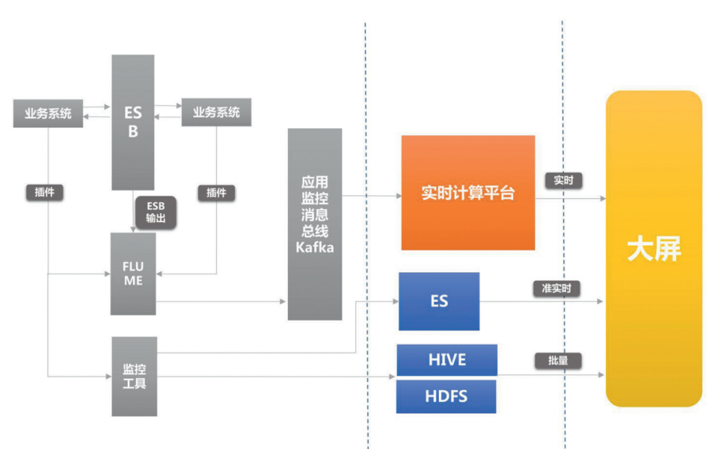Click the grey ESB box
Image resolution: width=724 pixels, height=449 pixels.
coord(133,122)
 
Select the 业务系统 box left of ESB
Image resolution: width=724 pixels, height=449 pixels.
coord(48,113)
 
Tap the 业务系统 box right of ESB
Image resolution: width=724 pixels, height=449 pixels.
coord(216,112)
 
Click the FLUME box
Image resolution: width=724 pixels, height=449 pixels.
coord(133,273)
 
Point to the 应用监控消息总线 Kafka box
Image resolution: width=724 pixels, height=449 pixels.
coord(315,223)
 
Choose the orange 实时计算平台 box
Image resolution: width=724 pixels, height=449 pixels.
coord(468,193)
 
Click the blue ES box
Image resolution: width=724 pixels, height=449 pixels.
coord(439,301)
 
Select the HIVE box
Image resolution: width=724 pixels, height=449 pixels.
coord(446,360)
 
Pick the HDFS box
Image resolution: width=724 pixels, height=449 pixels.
coord(446,397)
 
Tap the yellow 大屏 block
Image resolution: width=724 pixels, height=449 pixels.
coord(653,249)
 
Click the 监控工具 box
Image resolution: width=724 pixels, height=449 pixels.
coord(134,375)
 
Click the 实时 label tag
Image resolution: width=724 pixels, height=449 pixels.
coord(563,180)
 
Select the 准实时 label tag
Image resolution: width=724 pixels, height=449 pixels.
coord(556,288)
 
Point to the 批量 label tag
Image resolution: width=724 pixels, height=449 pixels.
coord(558,360)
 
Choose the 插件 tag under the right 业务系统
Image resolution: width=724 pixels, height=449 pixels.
coord(216,193)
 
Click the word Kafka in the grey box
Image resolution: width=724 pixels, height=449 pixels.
coord(315,247)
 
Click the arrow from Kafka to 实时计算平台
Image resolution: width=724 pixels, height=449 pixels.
coord(371,197)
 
